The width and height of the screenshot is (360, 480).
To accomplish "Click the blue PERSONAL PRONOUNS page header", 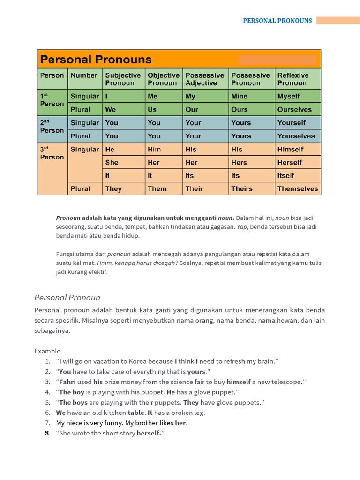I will [277, 21].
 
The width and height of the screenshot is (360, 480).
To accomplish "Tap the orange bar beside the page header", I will [337, 21].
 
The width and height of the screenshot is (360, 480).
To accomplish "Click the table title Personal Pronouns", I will [96, 60].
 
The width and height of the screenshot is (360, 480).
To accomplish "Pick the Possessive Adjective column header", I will [205, 79].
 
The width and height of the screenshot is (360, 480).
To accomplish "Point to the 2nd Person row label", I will [52, 127].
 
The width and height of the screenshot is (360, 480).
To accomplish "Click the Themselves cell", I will [297, 188].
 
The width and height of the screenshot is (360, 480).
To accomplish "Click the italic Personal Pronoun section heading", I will [67, 298].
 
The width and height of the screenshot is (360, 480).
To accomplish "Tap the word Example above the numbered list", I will [47, 351].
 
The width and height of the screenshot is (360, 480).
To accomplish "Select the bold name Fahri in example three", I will [67, 382].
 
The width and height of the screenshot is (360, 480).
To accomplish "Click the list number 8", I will [47, 433].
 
